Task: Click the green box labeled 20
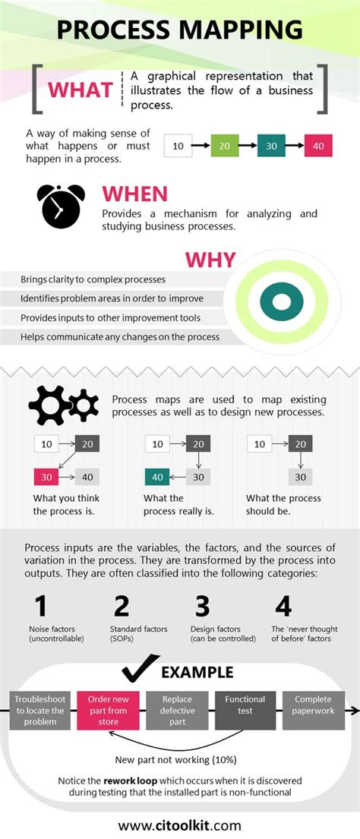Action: tap(226, 144)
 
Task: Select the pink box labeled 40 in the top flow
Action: tap(318, 144)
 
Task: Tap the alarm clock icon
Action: tap(62, 204)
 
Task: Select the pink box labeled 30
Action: tap(47, 477)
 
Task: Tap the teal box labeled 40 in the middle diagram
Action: tap(157, 477)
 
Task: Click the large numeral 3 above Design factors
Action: tap(201, 606)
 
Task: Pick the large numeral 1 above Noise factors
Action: tap(41, 606)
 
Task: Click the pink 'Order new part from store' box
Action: tap(107, 710)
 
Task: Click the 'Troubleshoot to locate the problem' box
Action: tap(39, 710)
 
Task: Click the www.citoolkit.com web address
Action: tap(180, 825)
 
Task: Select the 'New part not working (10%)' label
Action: tap(175, 759)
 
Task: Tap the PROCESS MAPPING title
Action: tap(180, 30)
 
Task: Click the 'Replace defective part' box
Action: tap(176, 710)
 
